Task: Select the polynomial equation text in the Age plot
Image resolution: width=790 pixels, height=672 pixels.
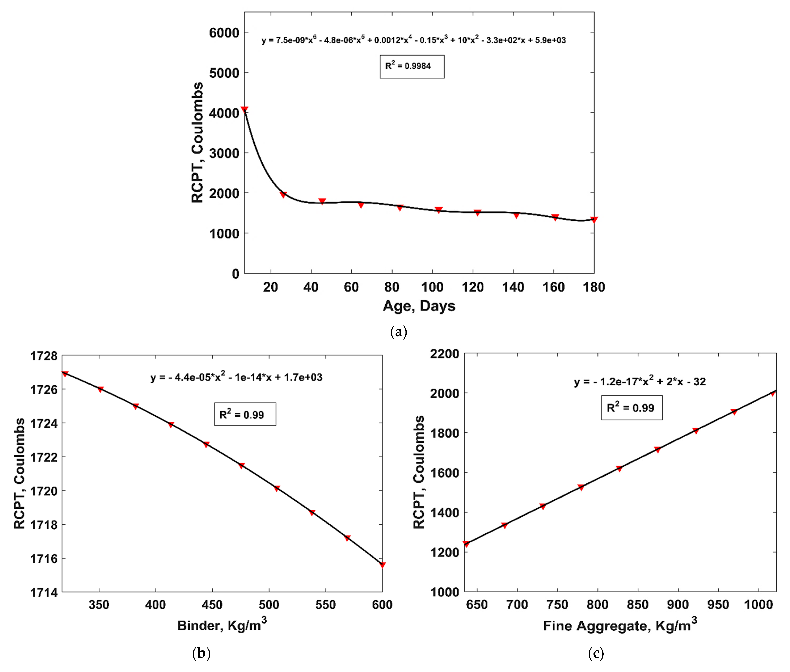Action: coord(413,40)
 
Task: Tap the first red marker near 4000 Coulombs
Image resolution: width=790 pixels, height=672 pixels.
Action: coord(244,110)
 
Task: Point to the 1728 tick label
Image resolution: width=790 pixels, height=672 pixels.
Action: coord(44,356)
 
